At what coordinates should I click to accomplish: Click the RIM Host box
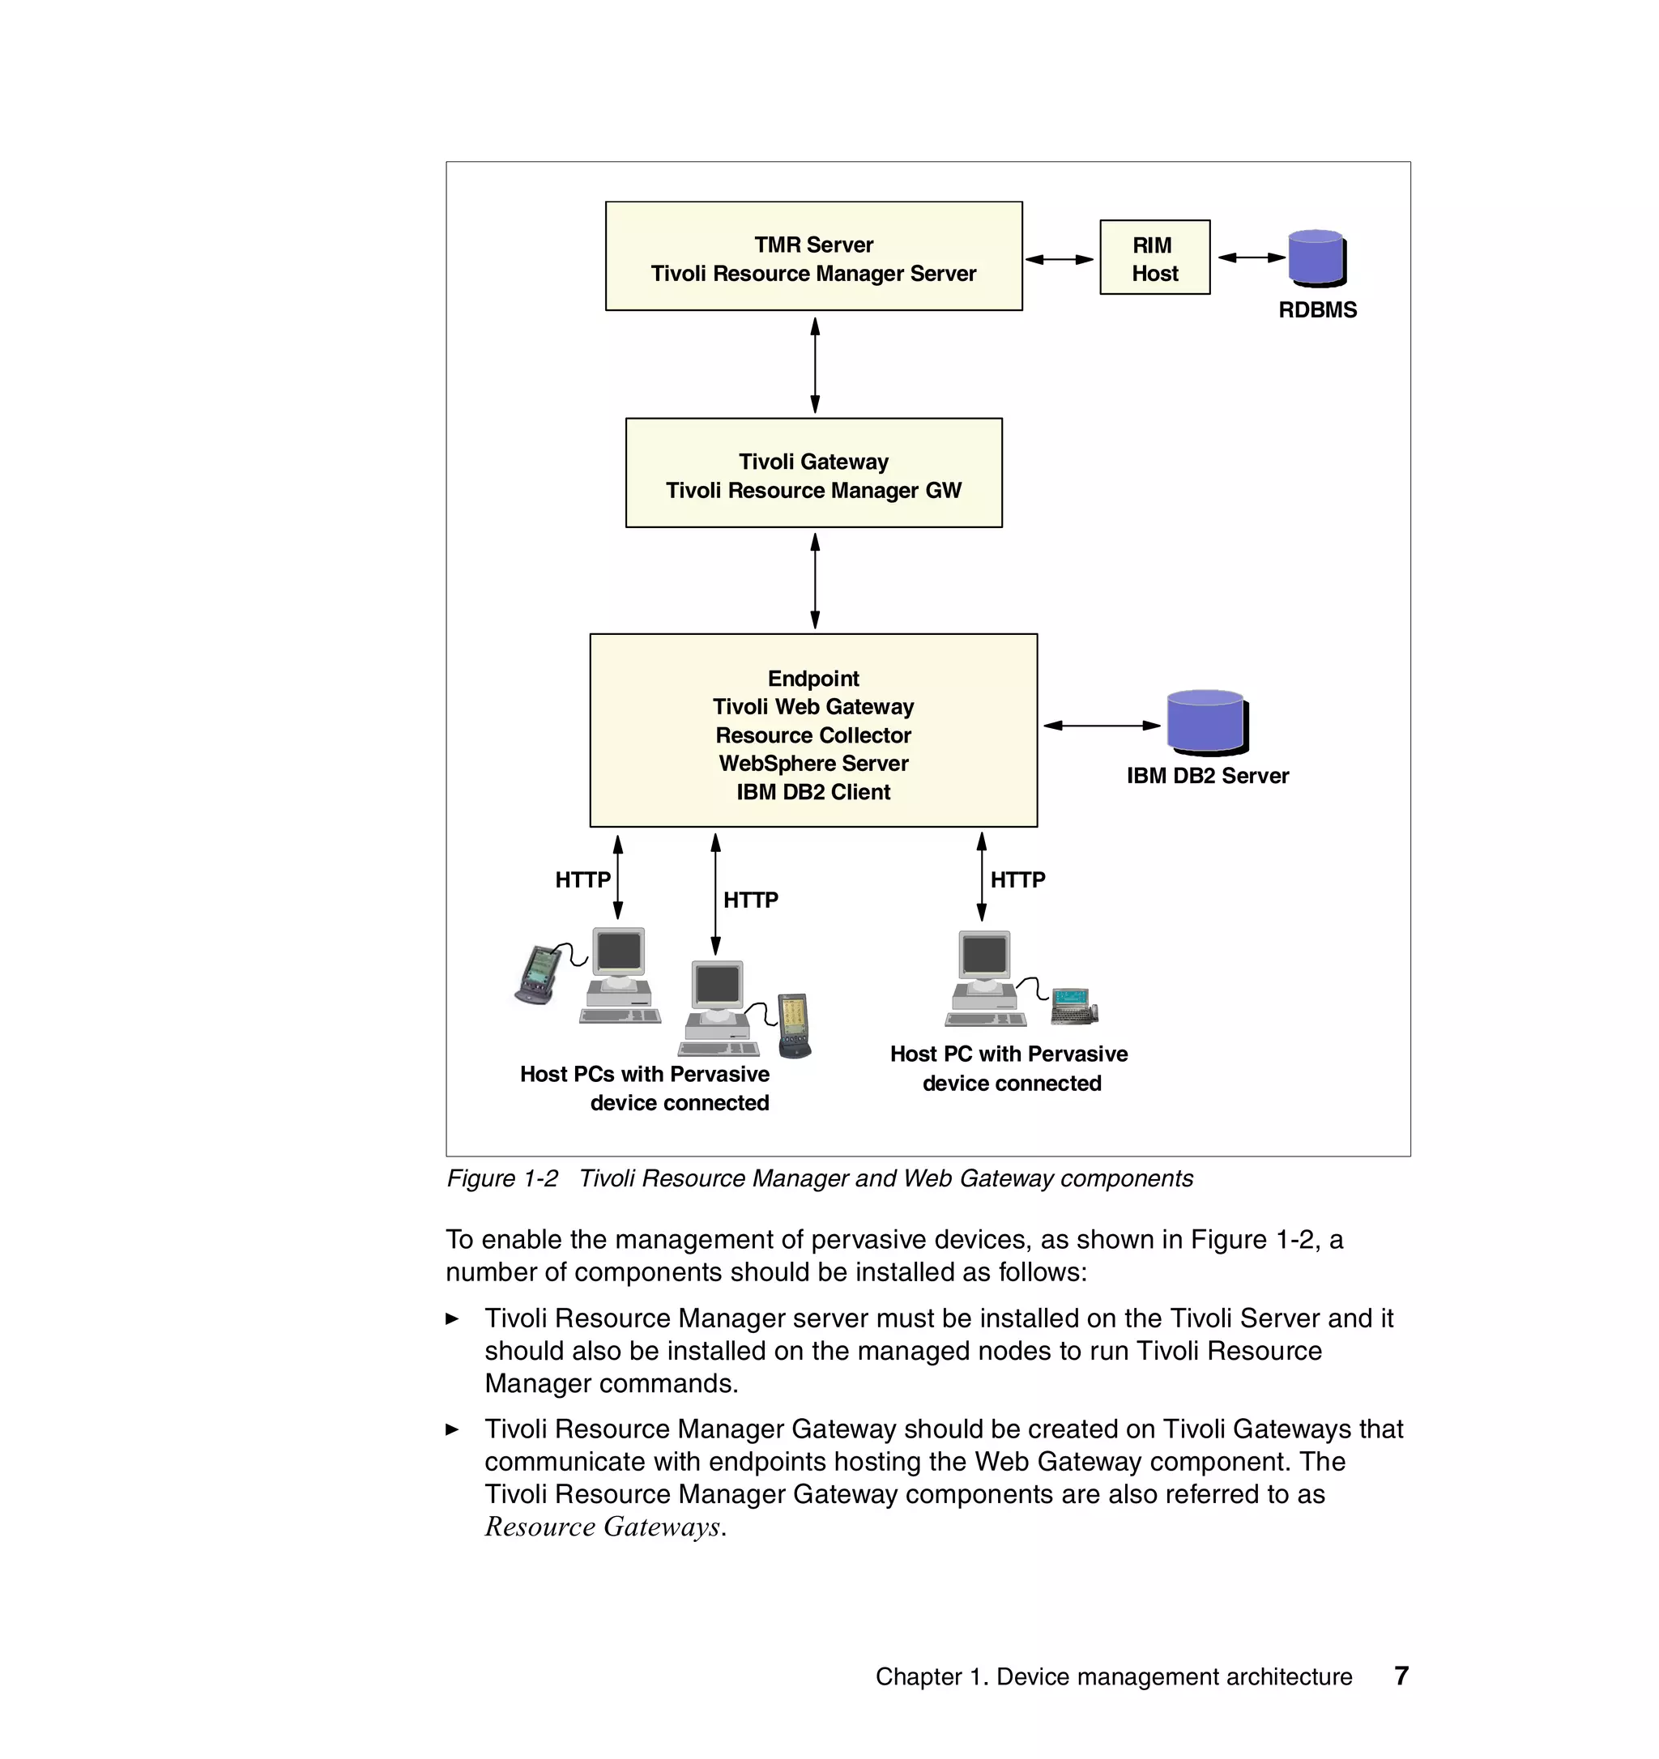coord(1154,258)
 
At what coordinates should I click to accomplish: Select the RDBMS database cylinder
coord(1316,258)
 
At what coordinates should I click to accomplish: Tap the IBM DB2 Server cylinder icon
coord(1206,722)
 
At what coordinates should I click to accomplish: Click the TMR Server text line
coord(813,245)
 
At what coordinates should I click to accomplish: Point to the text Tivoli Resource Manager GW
coord(813,490)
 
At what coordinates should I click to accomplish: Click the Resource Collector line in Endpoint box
coord(813,735)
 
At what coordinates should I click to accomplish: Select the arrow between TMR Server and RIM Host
coord(1059,259)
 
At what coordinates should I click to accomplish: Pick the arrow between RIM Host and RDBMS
coord(1251,258)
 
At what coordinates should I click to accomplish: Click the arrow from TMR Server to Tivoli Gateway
coord(815,364)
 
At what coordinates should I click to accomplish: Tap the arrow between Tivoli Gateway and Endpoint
coord(815,581)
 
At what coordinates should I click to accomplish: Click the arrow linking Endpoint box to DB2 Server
coord(1101,726)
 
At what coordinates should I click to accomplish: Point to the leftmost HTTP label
coord(582,879)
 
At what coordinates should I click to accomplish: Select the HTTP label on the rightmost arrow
coord(1017,879)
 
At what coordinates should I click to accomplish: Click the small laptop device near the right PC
coord(1073,1006)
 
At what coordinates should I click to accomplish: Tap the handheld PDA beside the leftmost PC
coord(537,975)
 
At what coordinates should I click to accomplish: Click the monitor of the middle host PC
coord(717,984)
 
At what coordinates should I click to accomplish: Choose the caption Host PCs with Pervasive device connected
coord(645,1088)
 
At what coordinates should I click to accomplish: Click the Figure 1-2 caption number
coord(501,1178)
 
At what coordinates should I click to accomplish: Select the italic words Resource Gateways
coord(603,1527)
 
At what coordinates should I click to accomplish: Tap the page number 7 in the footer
coord(1401,1676)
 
